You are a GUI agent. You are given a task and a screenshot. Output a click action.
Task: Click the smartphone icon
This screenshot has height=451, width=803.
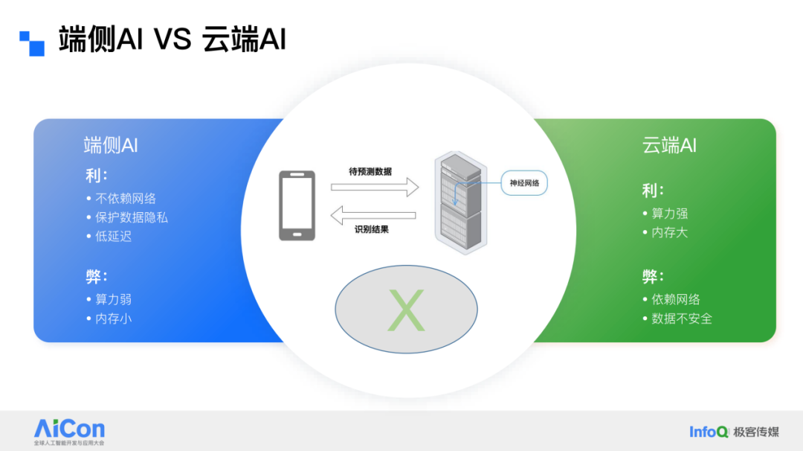297,205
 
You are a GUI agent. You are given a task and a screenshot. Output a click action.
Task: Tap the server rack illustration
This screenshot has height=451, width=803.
458,203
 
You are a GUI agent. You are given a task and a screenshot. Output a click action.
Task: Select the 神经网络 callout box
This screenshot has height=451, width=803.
523,182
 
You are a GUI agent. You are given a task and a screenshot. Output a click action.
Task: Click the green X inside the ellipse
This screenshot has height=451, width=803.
406,310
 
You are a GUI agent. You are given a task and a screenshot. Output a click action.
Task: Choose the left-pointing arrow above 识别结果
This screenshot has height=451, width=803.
373,216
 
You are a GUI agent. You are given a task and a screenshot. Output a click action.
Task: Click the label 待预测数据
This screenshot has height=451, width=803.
370,171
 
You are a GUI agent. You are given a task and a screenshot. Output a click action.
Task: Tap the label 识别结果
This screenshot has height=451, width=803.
372,229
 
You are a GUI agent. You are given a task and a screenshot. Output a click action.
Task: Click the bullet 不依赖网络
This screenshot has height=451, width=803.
125,199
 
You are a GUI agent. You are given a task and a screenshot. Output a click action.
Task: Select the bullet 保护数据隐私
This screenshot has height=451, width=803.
131,218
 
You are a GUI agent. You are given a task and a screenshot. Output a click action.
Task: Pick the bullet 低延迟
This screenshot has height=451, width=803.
113,237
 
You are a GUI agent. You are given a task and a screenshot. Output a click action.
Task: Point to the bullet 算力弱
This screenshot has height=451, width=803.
113,299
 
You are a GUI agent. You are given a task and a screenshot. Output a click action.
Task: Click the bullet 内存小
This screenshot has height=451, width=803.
113,319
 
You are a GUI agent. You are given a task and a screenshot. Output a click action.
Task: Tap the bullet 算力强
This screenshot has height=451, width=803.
669,214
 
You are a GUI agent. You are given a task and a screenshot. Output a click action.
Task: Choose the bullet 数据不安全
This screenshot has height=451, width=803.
681,319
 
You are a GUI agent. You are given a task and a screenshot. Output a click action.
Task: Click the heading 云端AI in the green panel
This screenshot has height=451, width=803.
669,145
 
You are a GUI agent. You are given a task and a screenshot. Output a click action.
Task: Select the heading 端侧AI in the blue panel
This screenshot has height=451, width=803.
111,145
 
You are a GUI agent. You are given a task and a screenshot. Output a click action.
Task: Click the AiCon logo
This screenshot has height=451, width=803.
69,429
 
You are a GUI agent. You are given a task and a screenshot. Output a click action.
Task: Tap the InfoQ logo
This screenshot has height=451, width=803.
709,432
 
